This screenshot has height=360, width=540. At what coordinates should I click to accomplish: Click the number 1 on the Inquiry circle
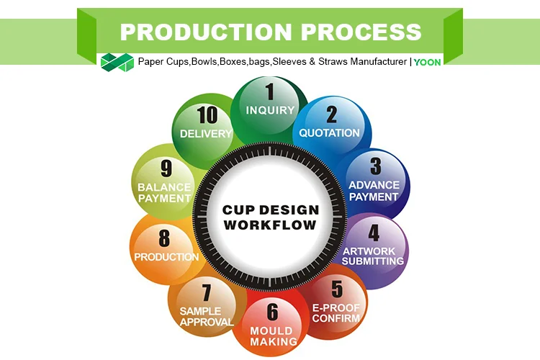pos(270,91)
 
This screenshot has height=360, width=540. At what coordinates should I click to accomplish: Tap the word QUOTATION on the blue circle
pos(329,132)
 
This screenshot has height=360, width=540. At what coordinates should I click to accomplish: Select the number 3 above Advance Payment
pos(375,166)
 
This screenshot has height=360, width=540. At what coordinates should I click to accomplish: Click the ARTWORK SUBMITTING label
pos(372,256)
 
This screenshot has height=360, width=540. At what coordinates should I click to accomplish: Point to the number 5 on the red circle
pos(337,289)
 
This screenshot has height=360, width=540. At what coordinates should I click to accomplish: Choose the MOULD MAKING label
pos(274,336)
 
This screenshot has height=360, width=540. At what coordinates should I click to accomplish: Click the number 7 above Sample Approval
pos(207,293)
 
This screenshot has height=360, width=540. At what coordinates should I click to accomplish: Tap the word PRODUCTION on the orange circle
pos(166,256)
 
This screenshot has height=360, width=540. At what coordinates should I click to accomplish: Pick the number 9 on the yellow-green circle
pos(166,168)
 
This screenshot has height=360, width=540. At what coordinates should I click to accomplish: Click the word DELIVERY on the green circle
pos(207,133)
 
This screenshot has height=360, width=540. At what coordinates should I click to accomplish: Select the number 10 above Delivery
pos(207,114)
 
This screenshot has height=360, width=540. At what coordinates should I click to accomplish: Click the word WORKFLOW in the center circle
pos(270,225)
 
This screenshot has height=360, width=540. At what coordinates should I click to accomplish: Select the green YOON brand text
pos(427,62)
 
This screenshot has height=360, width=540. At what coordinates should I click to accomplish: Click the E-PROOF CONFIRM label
pos(336,313)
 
